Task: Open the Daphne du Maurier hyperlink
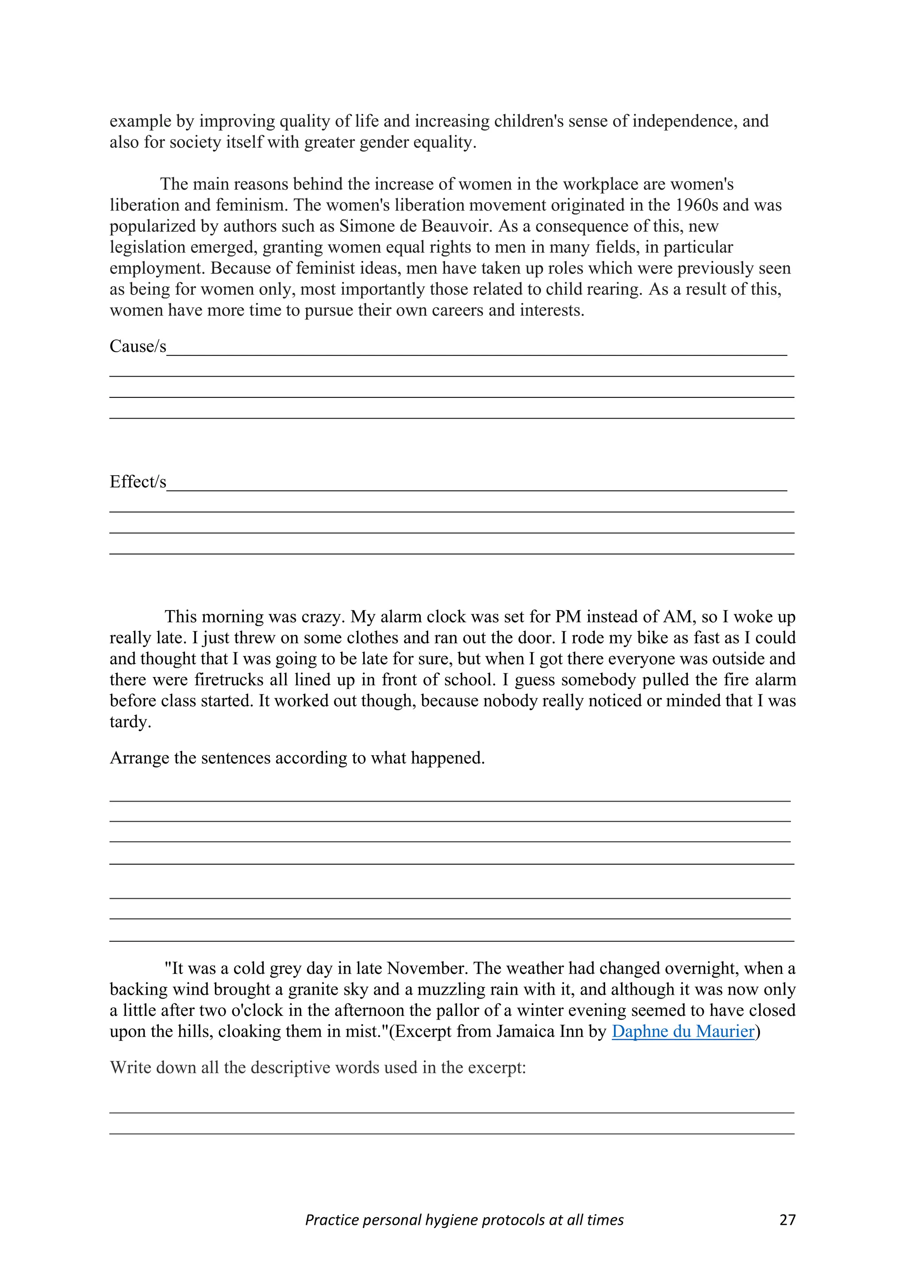pos(683,1031)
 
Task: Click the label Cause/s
pos(138,346)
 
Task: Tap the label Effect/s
pos(138,481)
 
